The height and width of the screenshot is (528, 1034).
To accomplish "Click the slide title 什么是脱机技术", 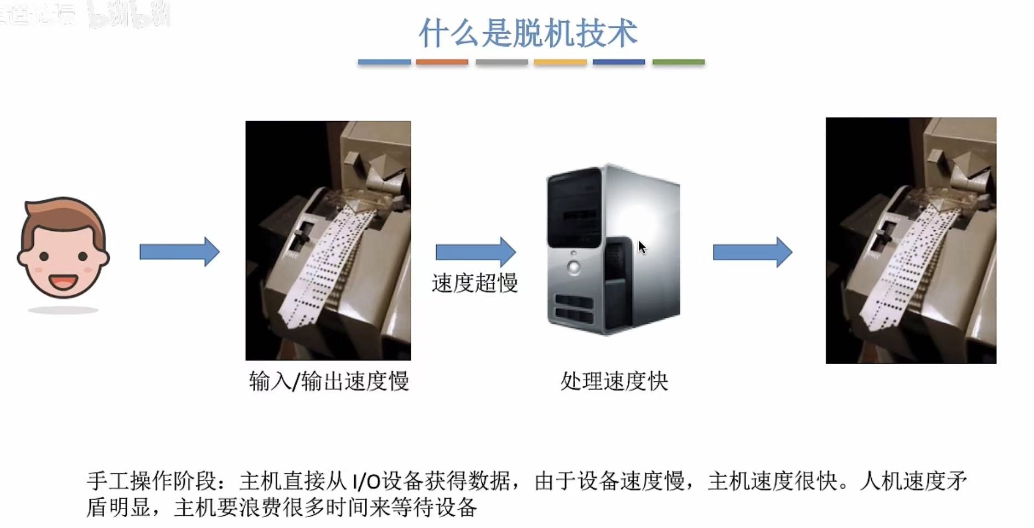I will point(528,33).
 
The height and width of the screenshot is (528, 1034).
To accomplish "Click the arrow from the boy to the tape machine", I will point(179,252).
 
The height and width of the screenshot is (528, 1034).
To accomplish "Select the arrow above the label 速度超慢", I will point(475,252).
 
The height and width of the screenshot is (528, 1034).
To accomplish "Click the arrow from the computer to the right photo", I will point(752,252).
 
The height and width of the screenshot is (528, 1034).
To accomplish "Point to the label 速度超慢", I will point(474,283).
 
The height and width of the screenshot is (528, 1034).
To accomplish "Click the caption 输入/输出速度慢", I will point(329,381).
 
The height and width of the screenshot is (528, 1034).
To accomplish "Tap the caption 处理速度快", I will point(614,381).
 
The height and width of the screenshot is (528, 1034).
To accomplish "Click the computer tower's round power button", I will point(573,268).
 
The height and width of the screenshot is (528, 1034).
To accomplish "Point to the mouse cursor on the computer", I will point(642,247).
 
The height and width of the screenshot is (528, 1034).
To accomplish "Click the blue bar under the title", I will point(384,62).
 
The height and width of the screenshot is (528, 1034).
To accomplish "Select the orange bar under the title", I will point(442,62).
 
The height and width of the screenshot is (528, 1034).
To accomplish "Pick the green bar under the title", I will point(678,62).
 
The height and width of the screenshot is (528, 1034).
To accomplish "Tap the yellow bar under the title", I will point(560,62).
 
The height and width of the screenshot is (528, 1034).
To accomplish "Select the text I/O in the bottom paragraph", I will point(366,481).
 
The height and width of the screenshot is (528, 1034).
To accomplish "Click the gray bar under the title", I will point(502,62).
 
